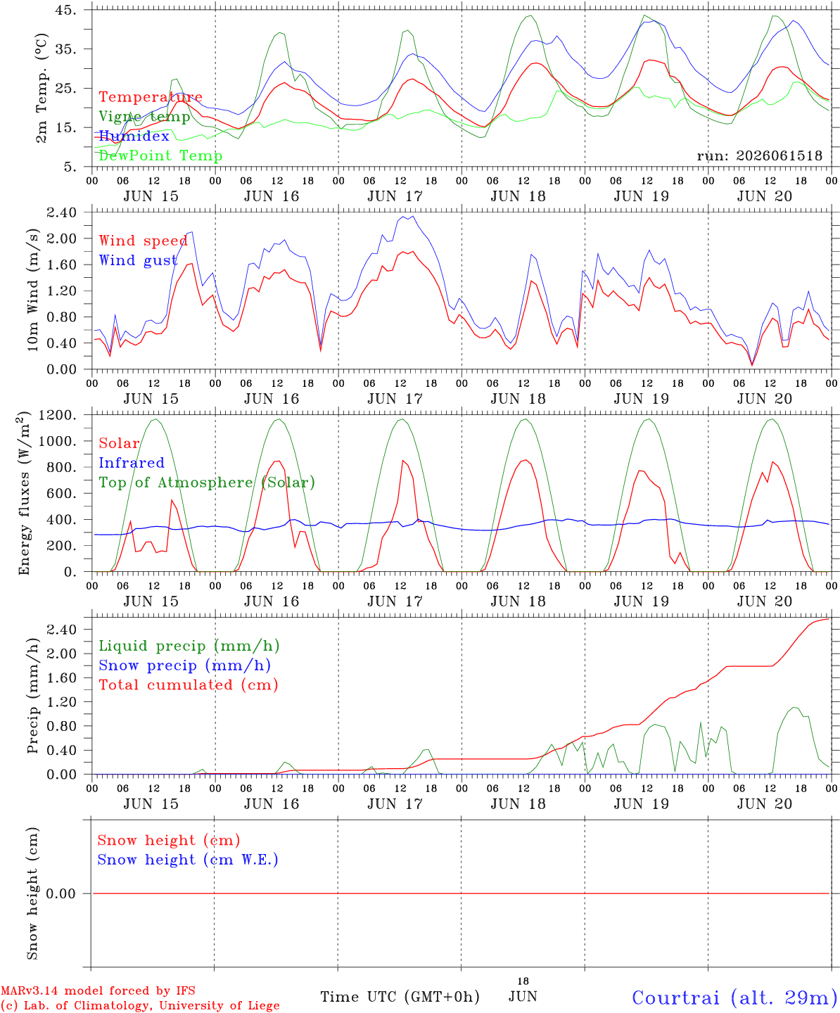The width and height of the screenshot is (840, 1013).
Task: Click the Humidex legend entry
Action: click(x=134, y=136)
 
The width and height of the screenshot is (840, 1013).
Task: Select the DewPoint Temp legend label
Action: click(x=160, y=155)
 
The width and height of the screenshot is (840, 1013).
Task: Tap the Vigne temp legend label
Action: click(x=144, y=117)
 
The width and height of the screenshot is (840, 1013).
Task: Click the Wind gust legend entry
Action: click(x=138, y=260)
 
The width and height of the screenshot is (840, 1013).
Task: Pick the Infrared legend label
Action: click(x=132, y=463)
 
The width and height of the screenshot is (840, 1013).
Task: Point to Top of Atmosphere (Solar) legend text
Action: click(x=208, y=483)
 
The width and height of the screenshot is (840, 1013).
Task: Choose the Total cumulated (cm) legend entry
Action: click(x=189, y=685)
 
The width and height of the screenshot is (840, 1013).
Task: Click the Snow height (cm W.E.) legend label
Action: click(x=188, y=860)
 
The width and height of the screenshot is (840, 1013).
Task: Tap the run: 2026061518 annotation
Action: click(x=759, y=155)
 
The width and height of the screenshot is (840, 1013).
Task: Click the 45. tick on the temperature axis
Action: click(x=65, y=10)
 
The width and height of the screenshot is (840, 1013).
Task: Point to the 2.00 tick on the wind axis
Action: click(x=61, y=238)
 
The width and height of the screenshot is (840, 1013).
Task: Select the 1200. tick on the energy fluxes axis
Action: click(x=58, y=415)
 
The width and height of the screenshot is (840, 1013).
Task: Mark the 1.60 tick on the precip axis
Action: click(x=61, y=677)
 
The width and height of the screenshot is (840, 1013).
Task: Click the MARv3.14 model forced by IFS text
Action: click(x=98, y=990)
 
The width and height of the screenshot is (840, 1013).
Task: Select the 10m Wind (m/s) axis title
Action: click(x=32, y=289)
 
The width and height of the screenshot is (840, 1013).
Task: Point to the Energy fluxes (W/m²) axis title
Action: click(x=23, y=493)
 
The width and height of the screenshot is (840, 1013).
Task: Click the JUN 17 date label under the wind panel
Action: click(x=395, y=399)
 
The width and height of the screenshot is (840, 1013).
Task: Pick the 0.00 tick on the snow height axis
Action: click(x=61, y=893)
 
